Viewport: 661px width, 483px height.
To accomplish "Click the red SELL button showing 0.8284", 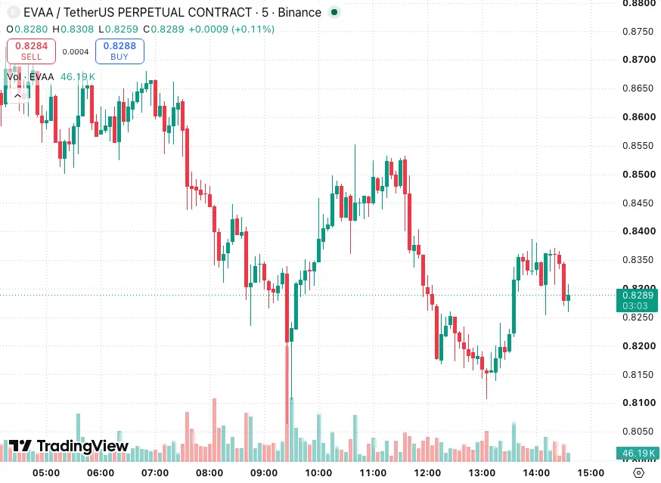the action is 31,51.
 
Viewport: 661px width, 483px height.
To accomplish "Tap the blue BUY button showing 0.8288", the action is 119,51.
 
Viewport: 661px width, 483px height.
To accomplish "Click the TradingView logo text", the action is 69,446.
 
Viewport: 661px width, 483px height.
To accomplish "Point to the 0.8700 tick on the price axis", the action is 639,60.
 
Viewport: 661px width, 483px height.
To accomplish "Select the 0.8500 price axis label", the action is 639,174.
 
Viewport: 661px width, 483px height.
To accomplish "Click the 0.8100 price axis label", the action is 639,402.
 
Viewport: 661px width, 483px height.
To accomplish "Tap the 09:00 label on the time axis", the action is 264,473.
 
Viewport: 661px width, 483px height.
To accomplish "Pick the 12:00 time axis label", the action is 427,473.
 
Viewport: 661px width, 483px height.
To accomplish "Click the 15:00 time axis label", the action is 591,473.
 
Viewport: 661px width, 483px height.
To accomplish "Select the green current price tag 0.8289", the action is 637,300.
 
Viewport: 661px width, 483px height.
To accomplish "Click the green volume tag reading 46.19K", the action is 637,453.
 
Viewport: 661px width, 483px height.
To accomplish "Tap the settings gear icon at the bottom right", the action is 639,473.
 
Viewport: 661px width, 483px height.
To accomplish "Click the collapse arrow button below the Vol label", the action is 17,96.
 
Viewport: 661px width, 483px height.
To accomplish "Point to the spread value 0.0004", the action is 76,52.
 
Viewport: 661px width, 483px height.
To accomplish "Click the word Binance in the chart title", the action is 299,12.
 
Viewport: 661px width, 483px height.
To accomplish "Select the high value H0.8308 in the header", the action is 73,29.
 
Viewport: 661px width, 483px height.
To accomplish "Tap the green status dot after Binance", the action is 334,12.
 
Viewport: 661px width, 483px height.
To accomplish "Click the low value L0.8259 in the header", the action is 119,29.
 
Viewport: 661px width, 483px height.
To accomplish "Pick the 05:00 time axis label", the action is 46,473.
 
